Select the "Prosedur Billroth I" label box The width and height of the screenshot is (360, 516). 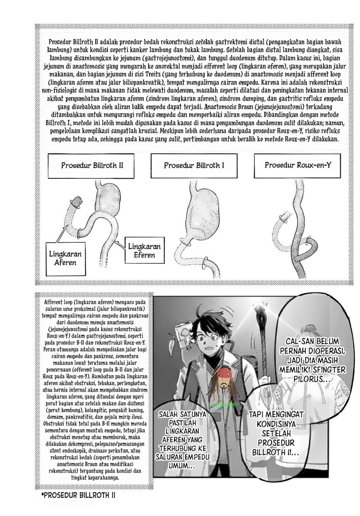[194, 165]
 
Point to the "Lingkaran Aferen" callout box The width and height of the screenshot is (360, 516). [65, 258]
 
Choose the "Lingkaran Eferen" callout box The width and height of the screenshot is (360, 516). [144, 250]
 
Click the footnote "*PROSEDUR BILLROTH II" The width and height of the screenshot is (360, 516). [78, 495]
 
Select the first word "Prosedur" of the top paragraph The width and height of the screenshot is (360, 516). [60, 42]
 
